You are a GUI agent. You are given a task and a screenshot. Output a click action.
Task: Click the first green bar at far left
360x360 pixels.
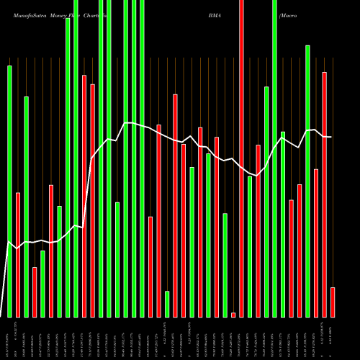coord(9,191)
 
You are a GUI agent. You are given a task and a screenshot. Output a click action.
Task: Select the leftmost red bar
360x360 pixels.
coord(18,255)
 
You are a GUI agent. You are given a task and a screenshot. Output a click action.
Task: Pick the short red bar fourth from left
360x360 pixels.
coord(35,292)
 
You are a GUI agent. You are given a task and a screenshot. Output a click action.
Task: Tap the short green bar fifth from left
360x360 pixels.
coord(42,284)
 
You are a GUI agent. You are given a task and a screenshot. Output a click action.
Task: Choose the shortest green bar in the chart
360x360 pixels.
coord(167,304)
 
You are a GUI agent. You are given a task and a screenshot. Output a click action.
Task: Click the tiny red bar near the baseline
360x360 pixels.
coord(233,315)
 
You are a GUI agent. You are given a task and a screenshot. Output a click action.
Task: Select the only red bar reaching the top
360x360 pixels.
coord(241,158)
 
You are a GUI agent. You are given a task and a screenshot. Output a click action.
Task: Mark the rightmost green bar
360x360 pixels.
coord(307,181)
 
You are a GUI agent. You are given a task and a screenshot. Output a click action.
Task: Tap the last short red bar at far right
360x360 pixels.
coord(333,302)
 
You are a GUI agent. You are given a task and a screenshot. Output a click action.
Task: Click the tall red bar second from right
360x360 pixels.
coord(325,194)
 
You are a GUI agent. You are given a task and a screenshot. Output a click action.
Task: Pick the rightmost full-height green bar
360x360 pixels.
coord(274,158)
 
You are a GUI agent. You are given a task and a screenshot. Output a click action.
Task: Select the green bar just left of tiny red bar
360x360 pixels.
coord(225,265)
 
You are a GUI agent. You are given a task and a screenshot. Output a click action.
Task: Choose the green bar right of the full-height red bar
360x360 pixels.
coord(250,246)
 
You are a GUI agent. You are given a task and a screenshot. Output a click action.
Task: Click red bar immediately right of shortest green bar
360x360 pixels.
coord(175,205)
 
